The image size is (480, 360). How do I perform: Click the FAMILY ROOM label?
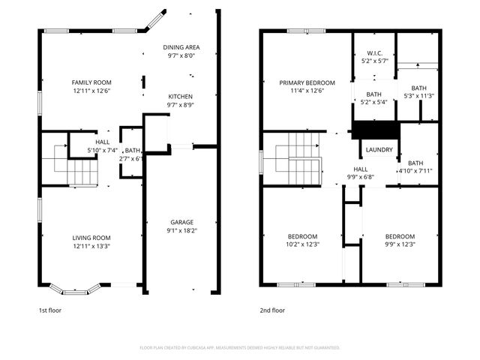coord(91,82)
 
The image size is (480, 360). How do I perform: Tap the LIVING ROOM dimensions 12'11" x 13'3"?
coord(91,246)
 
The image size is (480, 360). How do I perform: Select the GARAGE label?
coord(181,222)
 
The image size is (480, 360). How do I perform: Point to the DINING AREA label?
coord(181,46)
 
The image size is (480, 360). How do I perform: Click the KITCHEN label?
coord(180,97)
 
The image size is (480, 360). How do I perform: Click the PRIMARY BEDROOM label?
coord(307,82)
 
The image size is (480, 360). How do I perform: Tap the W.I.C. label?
coord(375,53)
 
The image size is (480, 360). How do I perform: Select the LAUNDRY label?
coord(379,150)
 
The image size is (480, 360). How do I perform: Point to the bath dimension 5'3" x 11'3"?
coord(418,95)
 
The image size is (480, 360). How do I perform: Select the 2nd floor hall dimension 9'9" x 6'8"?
coord(361,178)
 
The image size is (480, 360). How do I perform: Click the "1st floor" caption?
coord(50,310)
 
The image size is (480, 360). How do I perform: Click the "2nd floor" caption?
coord(272,310)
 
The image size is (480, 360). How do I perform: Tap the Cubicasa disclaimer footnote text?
coord(240,347)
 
